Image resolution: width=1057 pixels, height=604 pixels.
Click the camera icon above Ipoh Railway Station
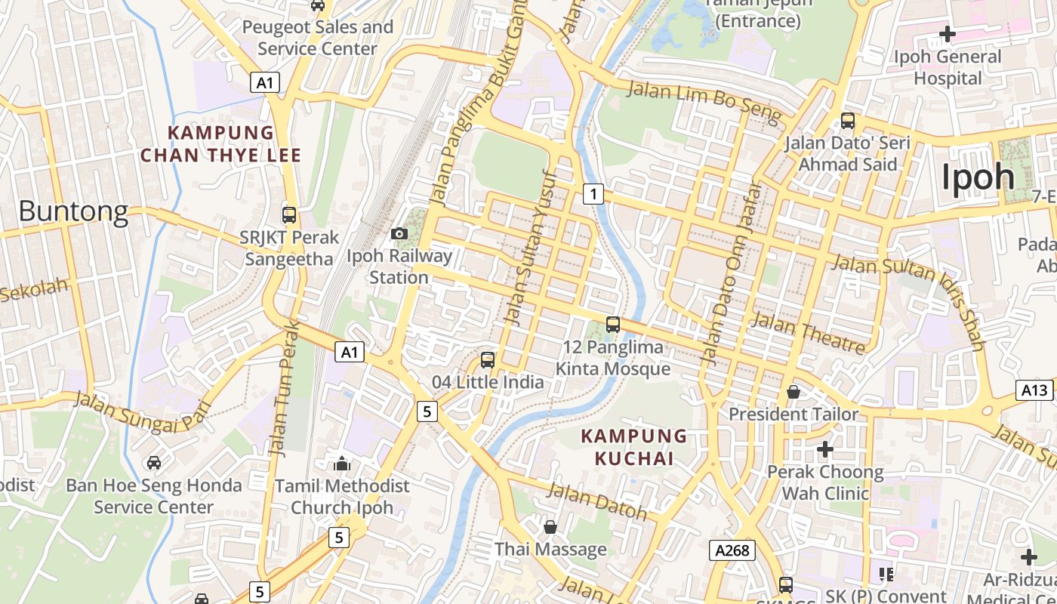point(399,234)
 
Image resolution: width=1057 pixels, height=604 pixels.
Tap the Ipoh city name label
point(978,177)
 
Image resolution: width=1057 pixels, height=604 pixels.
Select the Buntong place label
point(73,211)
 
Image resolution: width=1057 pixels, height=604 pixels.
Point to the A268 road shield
point(733,550)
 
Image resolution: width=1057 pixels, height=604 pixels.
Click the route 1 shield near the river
point(593,194)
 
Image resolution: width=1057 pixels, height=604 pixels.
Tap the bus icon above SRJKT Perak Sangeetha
point(288,215)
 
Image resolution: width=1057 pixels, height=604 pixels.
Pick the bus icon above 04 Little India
point(488,360)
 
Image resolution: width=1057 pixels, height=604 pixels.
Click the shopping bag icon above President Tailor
point(794,392)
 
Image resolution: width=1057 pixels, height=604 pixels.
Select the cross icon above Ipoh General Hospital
point(947,34)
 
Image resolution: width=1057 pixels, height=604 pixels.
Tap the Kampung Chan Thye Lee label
point(220,144)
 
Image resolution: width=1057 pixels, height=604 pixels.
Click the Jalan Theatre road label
point(809,333)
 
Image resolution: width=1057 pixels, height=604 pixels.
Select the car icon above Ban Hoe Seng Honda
point(154,462)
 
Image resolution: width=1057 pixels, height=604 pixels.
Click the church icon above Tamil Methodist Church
point(342,463)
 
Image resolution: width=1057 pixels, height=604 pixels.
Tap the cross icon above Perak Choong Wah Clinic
point(824,449)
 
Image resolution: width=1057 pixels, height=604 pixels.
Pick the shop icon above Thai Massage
point(550,527)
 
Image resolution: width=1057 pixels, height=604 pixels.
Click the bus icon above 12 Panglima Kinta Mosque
point(613,325)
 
